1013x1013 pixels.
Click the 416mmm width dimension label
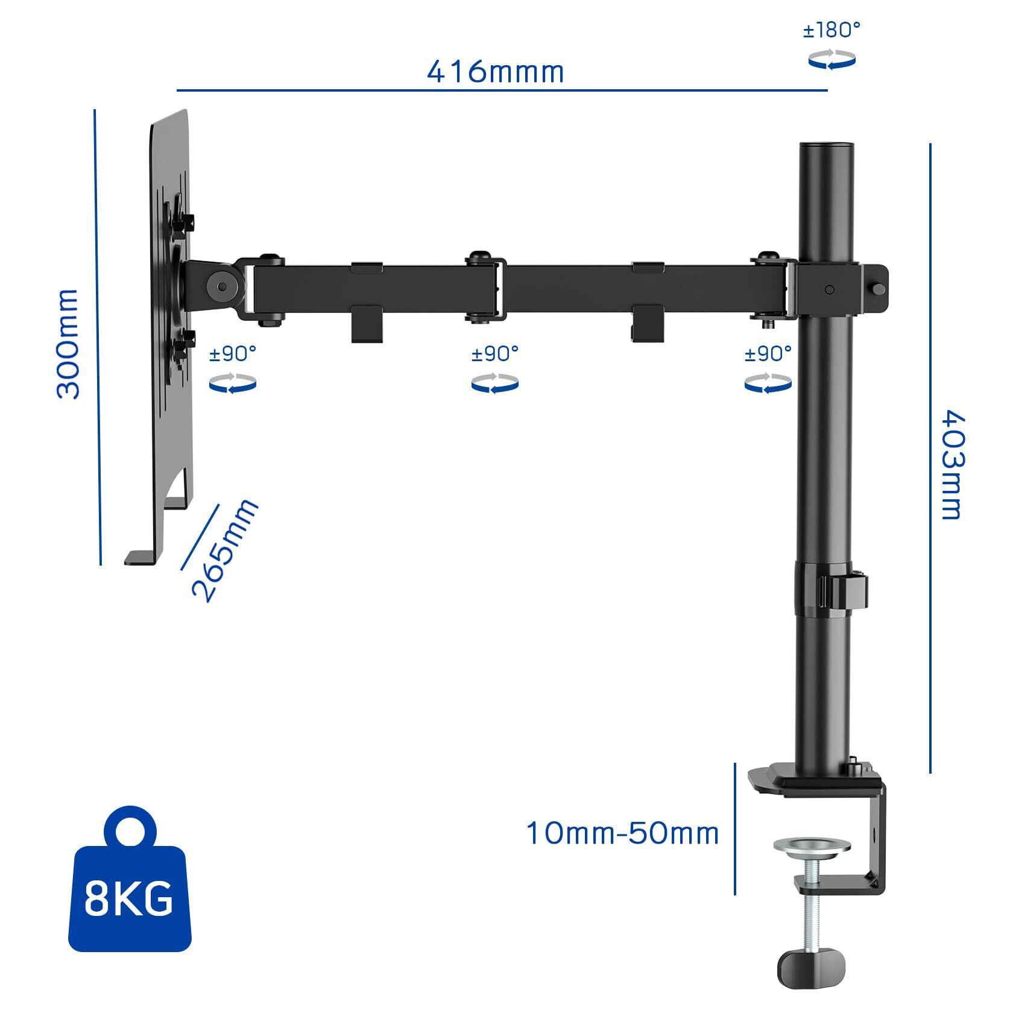tap(496, 71)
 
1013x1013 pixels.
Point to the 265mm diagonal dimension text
tap(225, 550)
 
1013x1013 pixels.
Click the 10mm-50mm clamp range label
tap(623, 833)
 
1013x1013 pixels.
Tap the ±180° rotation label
tap(832, 30)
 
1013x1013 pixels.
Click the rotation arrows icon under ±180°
tap(832, 60)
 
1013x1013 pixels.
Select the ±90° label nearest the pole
tap(768, 354)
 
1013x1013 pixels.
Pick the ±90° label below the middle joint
tap(495, 354)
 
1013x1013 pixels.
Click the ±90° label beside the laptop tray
tap(233, 354)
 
